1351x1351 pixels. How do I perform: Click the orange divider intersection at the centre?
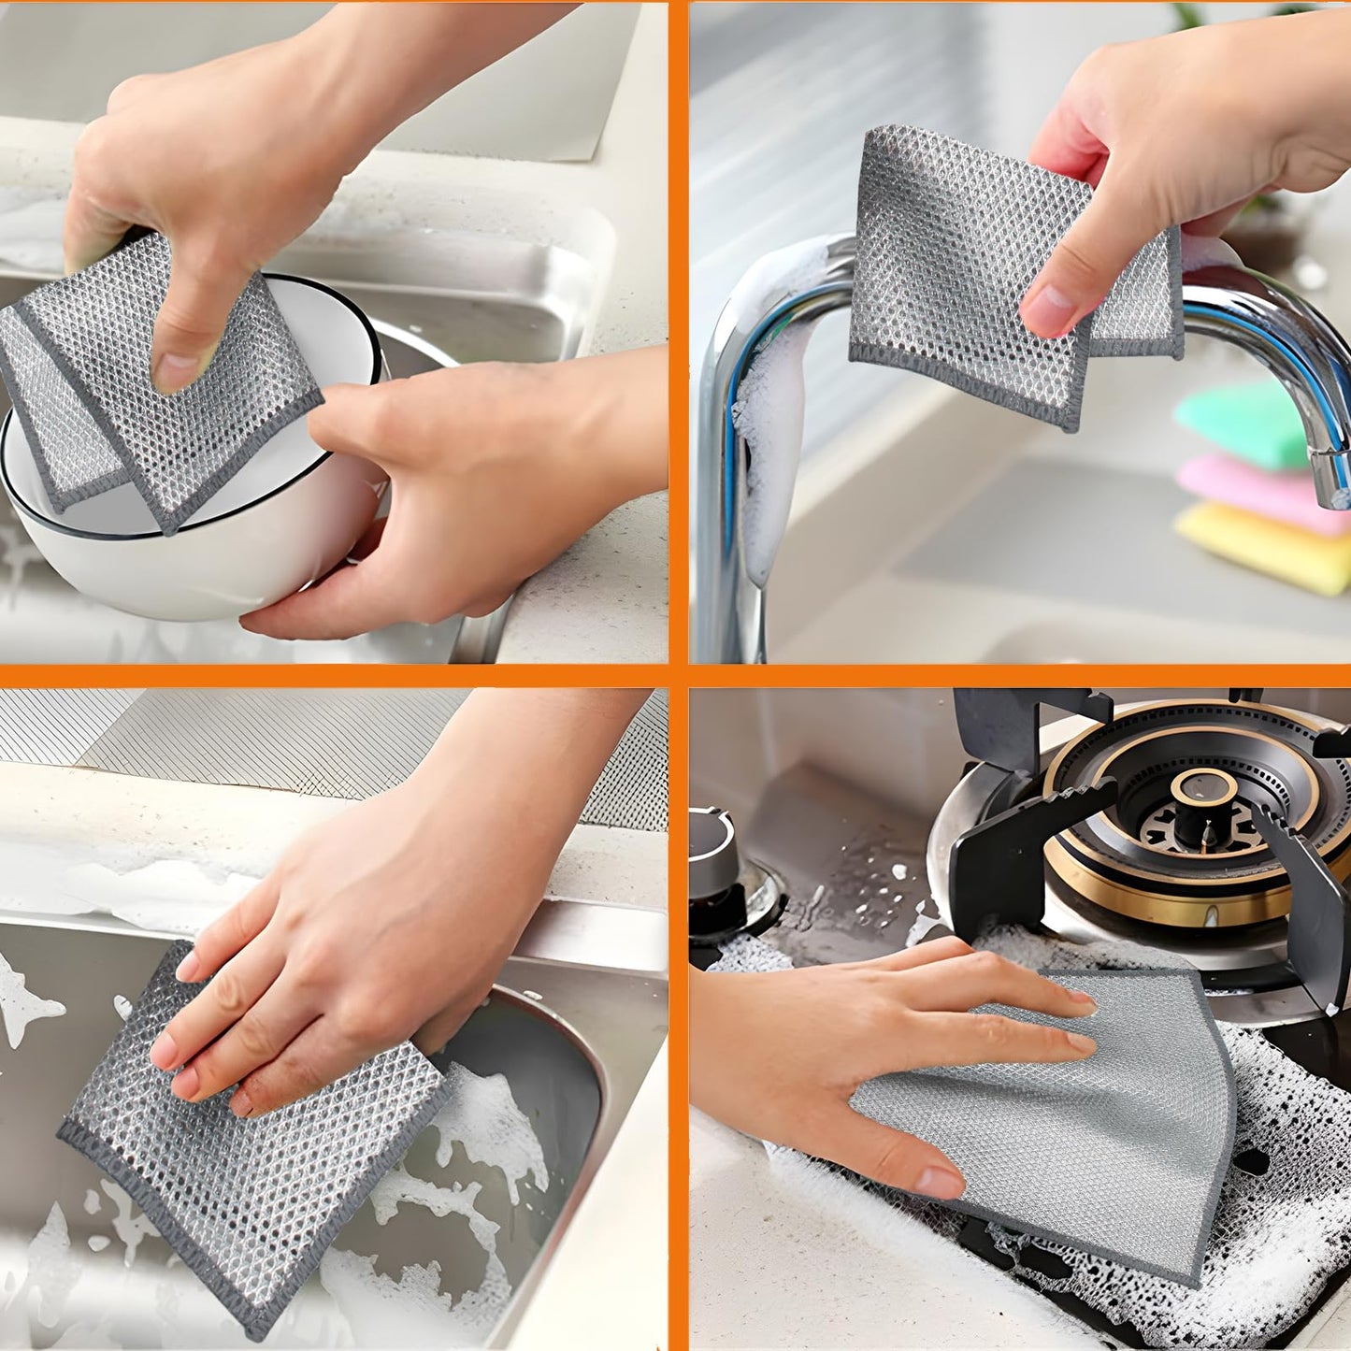click(679, 675)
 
